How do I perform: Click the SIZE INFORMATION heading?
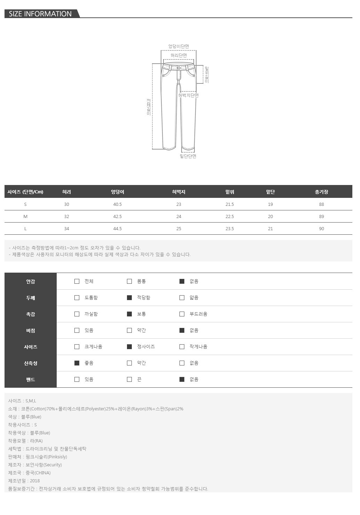(x=40, y=14)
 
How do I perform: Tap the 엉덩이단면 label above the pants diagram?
(x=178, y=46)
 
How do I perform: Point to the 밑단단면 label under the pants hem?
(x=188, y=156)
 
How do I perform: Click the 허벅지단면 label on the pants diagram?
(x=189, y=95)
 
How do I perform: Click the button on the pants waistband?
(x=179, y=68)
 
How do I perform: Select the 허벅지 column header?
(x=178, y=192)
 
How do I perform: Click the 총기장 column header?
(x=321, y=192)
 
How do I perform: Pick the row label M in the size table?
(x=25, y=216)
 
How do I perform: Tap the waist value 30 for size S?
(x=66, y=204)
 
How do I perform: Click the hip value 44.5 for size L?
(x=117, y=228)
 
